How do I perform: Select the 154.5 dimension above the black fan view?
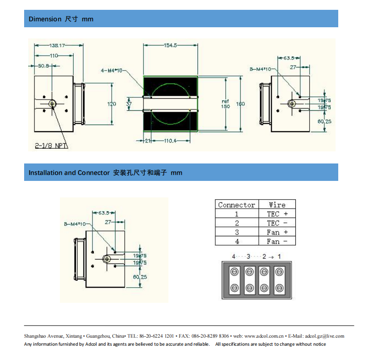coord(170,45)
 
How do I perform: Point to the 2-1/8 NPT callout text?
coord(51,146)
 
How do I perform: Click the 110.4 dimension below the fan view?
coord(171,141)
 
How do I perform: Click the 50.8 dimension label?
coord(43,66)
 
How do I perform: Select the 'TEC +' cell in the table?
coord(277,214)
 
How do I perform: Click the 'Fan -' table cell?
coord(277,241)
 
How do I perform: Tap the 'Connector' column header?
coord(236,205)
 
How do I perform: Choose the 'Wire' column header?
coord(277,205)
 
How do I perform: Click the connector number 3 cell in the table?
coord(237,232)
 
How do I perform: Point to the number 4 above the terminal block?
coord(233,256)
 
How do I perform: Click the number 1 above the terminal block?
coord(279,256)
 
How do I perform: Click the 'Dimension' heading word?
coord(45,19)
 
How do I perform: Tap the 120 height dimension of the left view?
coord(112,104)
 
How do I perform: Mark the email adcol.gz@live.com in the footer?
coord(324,336)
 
